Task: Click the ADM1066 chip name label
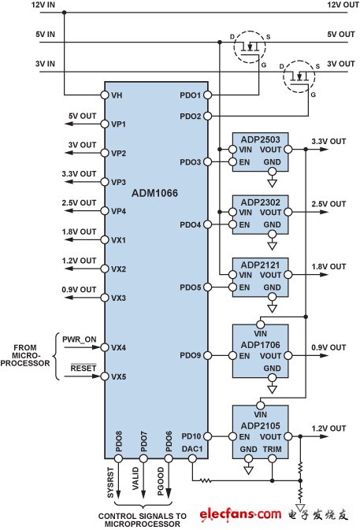coord(154,193)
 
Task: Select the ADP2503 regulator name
coord(260,139)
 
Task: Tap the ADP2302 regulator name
coord(260,202)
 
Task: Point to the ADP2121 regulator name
coord(260,265)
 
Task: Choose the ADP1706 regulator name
coord(260,345)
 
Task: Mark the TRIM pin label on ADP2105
coord(272,449)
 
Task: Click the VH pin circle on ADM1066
coord(105,95)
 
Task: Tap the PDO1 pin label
coord(190,95)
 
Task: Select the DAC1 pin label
coord(192,449)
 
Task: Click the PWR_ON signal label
coord(79,339)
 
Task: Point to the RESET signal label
coord(84,368)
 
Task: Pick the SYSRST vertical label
coord(110,482)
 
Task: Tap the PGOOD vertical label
coord(161,481)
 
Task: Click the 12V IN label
coord(43,5)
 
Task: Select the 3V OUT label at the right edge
coord(341,64)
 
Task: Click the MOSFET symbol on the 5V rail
coord(250,46)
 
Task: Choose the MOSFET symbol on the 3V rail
coord(299,76)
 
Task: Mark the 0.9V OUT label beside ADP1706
coord(328,347)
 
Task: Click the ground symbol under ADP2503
coord(272,183)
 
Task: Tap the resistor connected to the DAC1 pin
coord(205,480)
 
